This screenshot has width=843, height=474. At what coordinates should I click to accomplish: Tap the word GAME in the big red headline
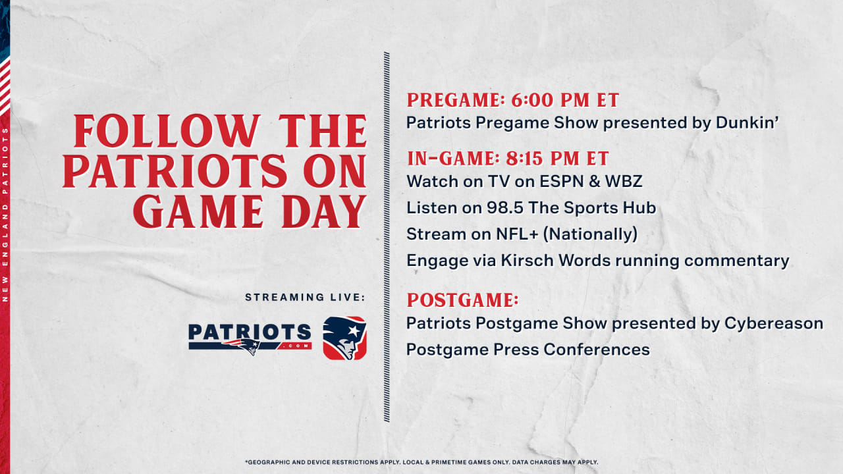(x=198, y=211)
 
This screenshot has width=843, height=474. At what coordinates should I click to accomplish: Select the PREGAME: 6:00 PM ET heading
(x=513, y=100)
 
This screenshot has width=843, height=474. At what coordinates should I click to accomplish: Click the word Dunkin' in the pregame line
(x=747, y=122)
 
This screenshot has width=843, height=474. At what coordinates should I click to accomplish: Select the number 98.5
(x=505, y=207)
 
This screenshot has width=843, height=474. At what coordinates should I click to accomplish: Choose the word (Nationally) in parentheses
(x=591, y=234)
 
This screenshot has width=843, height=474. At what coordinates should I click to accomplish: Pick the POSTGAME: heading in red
(x=463, y=300)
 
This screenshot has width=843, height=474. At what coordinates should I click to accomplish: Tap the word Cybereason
(x=774, y=323)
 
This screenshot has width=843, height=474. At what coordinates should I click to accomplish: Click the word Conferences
(x=597, y=350)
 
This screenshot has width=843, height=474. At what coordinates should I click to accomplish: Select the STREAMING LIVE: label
(x=305, y=297)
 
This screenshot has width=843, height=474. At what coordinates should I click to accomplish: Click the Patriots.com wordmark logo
(x=250, y=338)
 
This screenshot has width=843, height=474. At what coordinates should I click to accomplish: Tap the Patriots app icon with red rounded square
(x=344, y=338)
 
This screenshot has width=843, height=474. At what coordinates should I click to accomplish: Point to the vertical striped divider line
(x=387, y=237)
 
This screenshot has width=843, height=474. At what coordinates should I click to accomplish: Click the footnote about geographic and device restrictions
(x=421, y=462)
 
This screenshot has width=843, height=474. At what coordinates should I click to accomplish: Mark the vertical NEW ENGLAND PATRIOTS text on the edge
(x=5, y=215)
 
